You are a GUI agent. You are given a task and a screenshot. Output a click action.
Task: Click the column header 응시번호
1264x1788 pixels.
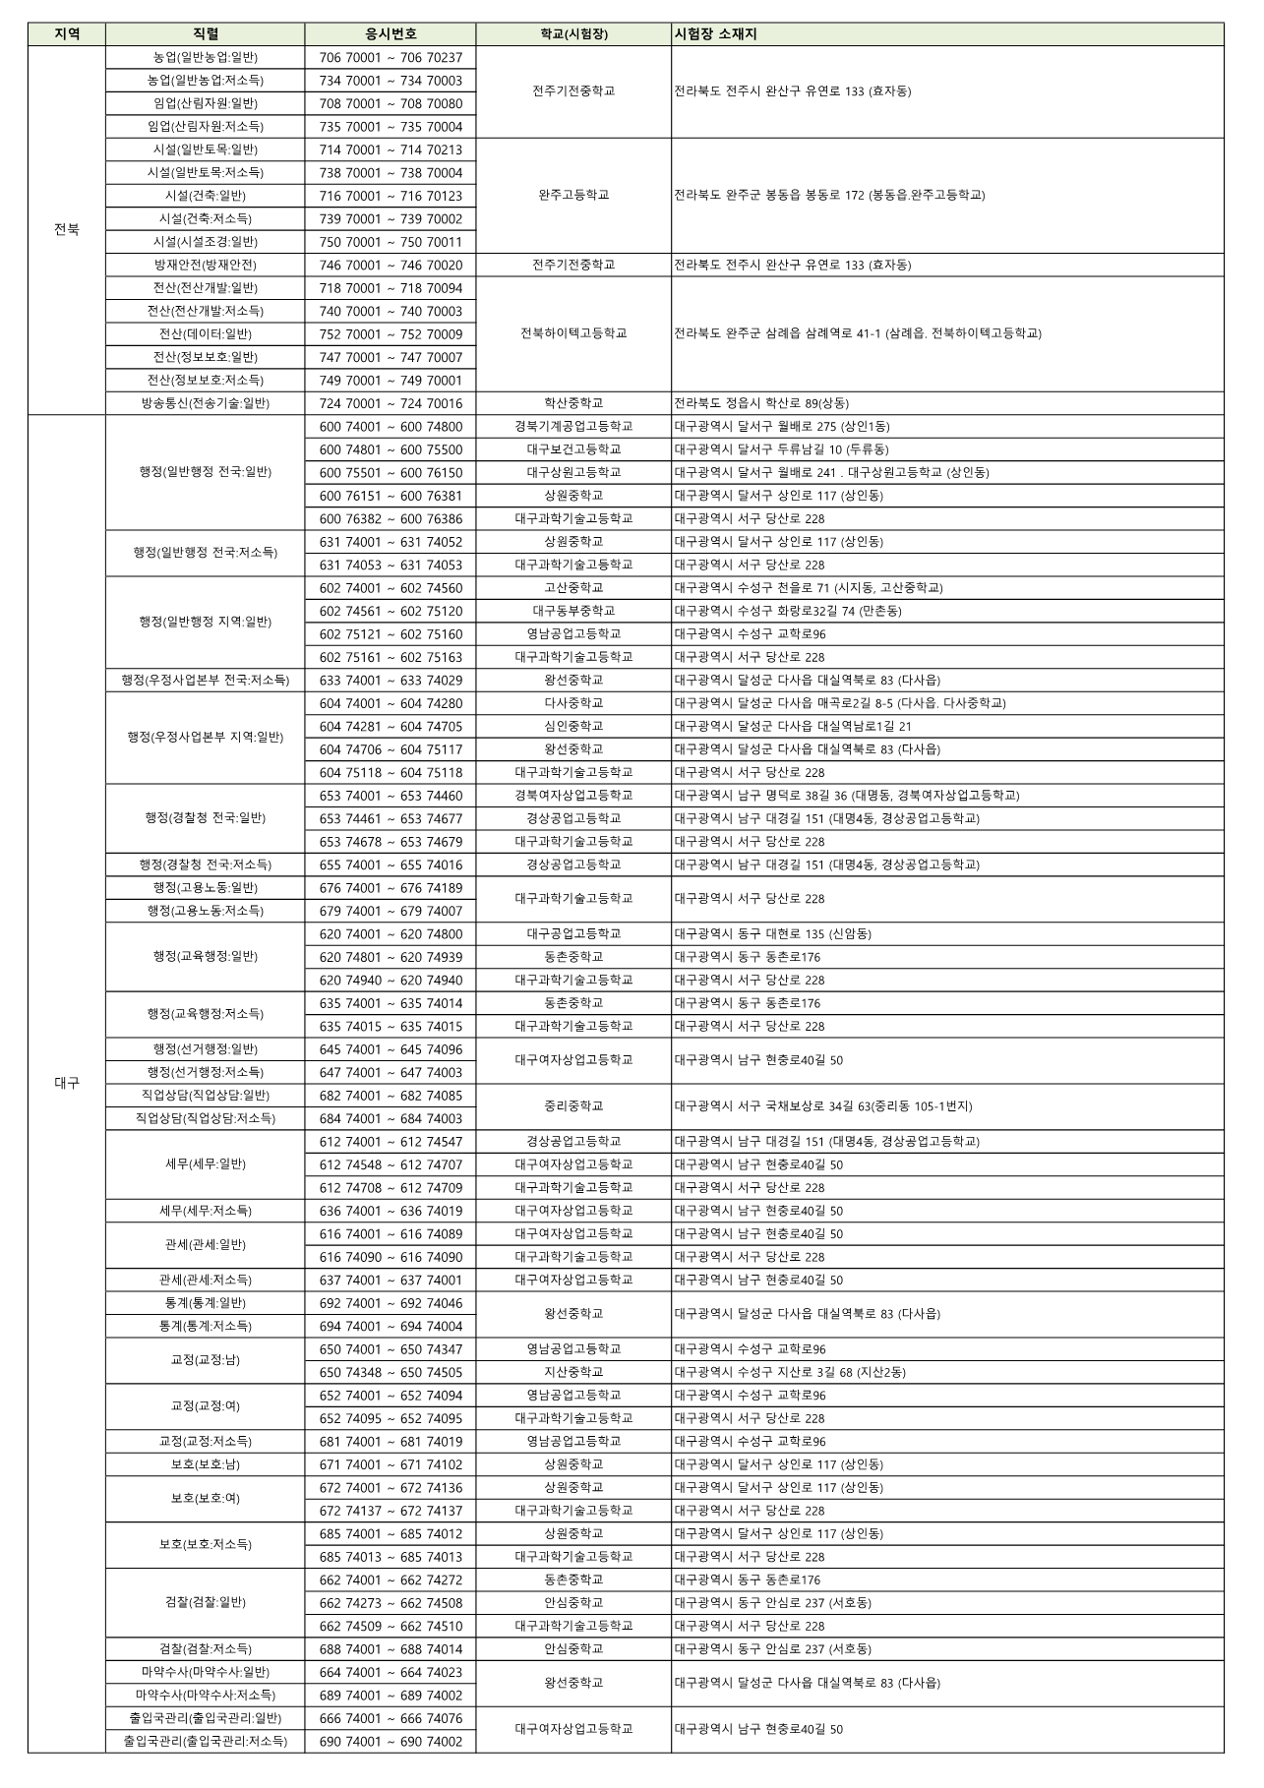pyautogui.click(x=391, y=34)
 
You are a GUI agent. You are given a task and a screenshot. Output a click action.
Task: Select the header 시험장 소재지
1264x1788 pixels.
pyautogui.click(x=716, y=34)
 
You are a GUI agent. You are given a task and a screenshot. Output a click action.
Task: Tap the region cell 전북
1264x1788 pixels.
pyautogui.click(x=67, y=230)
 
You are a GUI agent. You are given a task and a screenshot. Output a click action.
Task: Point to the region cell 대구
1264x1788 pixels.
pyautogui.click(x=67, y=1083)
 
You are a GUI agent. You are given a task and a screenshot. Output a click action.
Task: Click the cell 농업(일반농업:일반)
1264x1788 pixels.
pyautogui.click(x=206, y=58)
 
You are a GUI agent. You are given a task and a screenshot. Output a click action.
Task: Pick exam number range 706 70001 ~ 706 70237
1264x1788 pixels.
pyautogui.click(x=391, y=58)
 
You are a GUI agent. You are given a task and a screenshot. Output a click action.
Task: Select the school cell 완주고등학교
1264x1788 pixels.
pyautogui.click(x=573, y=195)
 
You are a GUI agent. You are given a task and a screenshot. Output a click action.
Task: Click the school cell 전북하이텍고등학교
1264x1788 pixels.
pyautogui.click(x=573, y=333)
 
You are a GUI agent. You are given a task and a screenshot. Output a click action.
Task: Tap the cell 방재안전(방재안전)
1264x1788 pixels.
pyautogui.click(x=206, y=265)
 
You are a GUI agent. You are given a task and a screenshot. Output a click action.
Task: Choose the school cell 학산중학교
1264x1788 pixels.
pyautogui.click(x=573, y=403)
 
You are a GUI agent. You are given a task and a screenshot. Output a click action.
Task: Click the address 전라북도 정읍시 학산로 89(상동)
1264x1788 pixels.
pyautogui.click(x=761, y=403)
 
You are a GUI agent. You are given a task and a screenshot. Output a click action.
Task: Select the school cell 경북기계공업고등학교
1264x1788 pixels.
pyautogui.click(x=573, y=426)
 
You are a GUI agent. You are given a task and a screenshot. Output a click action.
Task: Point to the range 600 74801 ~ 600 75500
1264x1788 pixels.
pyautogui.click(x=391, y=449)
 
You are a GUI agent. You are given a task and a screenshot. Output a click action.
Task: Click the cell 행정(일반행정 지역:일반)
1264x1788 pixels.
pyautogui.click(x=206, y=622)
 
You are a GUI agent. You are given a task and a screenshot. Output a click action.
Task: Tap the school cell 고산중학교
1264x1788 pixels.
pyautogui.click(x=573, y=588)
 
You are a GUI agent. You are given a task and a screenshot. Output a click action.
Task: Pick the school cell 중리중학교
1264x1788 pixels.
pyautogui.click(x=573, y=1106)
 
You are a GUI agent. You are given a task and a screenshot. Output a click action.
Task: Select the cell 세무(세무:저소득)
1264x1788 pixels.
pyautogui.click(x=206, y=1211)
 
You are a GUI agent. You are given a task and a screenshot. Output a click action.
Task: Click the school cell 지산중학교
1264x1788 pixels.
pyautogui.click(x=573, y=1372)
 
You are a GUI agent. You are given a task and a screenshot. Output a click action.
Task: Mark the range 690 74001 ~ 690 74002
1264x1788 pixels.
pyautogui.click(x=391, y=1741)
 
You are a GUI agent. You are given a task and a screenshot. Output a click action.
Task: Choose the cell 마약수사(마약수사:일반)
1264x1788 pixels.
pyautogui.click(x=206, y=1672)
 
